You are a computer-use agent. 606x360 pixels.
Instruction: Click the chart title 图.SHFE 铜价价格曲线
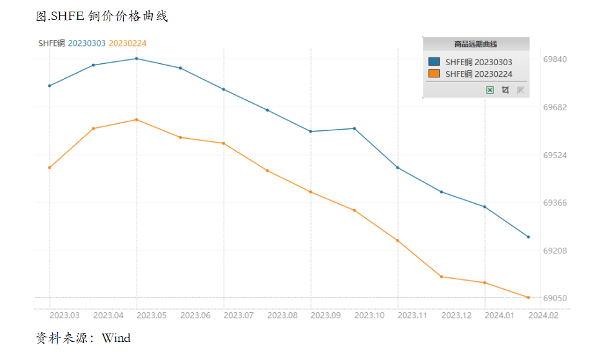[x=102, y=16]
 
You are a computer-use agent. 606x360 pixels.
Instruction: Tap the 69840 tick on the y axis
[x=555, y=59]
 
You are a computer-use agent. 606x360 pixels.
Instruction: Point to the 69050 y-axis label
[x=555, y=298]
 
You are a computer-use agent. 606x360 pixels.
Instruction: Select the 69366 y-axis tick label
[x=555, y=203]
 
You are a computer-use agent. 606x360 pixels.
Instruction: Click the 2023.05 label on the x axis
[x=151, y=315]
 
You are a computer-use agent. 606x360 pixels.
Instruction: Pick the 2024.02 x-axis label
[x=543, y=315]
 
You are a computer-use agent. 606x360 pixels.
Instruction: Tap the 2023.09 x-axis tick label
[x=326, y=315]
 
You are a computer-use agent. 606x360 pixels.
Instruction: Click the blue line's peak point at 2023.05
[x=137, y=59]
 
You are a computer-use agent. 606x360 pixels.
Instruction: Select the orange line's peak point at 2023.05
[x=137, y=120]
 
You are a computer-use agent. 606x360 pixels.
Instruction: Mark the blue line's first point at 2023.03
[x=50, y=86]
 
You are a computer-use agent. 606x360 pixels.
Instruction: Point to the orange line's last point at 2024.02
[x=529, y=297]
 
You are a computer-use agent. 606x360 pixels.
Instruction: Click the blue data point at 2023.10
[x=355, y=129]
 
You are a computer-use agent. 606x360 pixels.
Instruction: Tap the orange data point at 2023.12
[x=442, y=277]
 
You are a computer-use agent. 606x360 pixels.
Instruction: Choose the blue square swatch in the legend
[x=434, y=61]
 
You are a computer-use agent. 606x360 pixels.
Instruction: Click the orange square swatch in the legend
[x=434, y=74]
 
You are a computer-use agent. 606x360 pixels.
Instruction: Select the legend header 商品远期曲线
[x=475, y=44]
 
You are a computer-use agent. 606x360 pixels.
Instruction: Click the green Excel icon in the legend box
[x=490, y=90]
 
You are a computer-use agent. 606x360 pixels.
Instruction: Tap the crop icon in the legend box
[x=505, y=90]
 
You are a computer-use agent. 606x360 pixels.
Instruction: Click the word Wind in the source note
[x=116, y=338]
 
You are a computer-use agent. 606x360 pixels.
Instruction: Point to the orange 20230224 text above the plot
[x=128, y=43]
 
